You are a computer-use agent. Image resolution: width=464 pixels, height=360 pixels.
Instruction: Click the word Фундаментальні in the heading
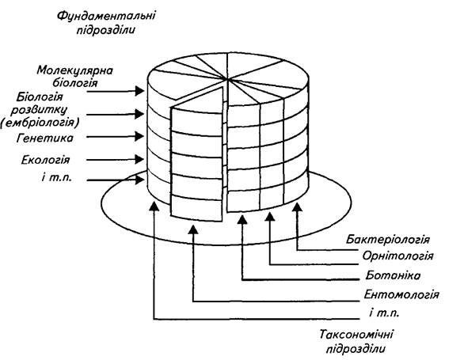106,15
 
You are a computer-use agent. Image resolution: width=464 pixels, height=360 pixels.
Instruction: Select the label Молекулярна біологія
75,77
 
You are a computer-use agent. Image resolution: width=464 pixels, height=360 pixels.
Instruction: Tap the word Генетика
45,138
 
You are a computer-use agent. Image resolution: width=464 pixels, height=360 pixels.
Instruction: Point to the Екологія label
46,160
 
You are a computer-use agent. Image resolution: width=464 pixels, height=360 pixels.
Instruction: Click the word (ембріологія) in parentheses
40,122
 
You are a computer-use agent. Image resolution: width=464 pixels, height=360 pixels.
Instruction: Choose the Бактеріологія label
388,239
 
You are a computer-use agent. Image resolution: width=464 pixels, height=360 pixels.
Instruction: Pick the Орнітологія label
398,256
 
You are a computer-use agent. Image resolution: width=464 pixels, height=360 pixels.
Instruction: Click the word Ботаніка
393,275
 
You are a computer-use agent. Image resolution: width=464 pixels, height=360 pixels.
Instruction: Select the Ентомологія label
401,294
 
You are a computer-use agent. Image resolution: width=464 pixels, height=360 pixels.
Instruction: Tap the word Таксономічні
356,335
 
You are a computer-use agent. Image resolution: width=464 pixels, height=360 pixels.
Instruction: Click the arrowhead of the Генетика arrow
139,137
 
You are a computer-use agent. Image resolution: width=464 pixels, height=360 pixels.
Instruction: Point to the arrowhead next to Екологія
139,160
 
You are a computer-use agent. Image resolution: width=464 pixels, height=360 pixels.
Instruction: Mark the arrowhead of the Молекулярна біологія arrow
139,91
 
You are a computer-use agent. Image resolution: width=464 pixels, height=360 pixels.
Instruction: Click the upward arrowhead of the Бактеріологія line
298,207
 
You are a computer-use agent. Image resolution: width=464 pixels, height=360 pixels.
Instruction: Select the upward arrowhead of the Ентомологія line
193,229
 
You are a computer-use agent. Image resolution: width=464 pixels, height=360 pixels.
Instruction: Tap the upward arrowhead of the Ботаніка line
242,219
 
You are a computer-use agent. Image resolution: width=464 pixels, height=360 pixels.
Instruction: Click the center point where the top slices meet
227,79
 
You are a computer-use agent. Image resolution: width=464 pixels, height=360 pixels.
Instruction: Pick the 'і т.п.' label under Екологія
57,178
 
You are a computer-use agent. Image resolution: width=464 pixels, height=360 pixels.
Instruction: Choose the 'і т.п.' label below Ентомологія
384,313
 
